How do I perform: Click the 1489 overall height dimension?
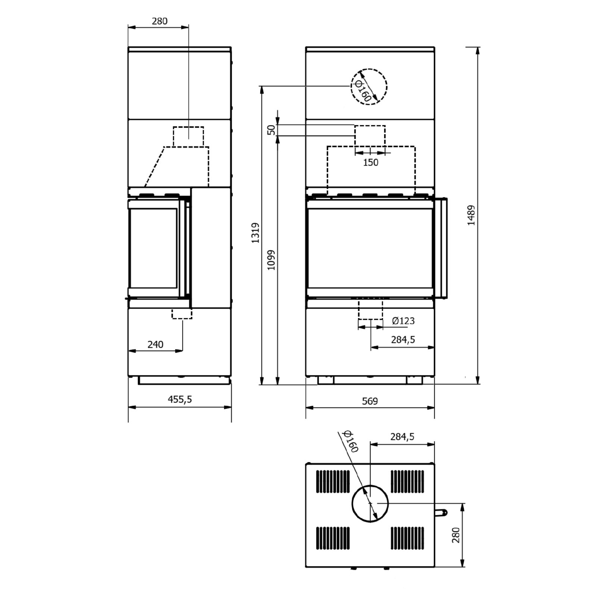471,215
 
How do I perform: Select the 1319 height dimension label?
256,233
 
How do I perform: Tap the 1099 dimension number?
271,260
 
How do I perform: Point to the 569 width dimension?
370,401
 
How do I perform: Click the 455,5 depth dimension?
179,399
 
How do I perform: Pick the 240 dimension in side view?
155,344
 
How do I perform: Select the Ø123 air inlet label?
403,321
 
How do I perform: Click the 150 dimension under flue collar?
371,162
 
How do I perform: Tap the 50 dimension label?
272,130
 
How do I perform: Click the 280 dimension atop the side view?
159,21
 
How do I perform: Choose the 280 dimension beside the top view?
456,535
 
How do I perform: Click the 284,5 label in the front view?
403,340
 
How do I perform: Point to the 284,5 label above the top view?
402,436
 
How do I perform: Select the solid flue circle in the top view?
370,503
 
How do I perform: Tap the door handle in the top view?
441,513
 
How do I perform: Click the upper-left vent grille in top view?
333,481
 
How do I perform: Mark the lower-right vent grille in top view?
407,538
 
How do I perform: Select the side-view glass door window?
153,248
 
